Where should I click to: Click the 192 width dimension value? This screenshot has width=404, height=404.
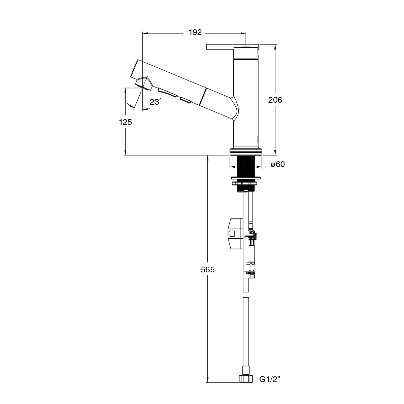pyautogui.click(x=195, y=33)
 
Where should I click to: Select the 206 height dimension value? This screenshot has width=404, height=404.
pyautogui.click(x=275, y=100)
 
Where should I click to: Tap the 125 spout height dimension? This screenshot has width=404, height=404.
pyautogui.click(x=125, y=122)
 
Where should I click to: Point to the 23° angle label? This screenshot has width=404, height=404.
pyautogui.click(x=155, y=102)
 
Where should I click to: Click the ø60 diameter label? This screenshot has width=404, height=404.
pyautogui.click(x=278, y=164)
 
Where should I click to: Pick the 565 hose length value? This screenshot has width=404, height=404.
pyautogui.click(x=208, y=269)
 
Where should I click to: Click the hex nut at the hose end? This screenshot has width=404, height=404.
pyautogui.click(x=246, y=379)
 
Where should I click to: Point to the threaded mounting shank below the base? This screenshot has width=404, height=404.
pyautogui.click(x=245, y=166)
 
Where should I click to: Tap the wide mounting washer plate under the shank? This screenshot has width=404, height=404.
pyautogui.click(x=246, y=177)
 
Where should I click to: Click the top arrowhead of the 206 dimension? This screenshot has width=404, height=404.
pyautogui.click(x=275, y=47)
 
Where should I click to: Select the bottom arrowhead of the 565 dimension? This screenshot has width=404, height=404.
pyautogui.click(x=208, y=379)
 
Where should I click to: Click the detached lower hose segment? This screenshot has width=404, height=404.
pyautogui.click(x=246, y=330)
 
